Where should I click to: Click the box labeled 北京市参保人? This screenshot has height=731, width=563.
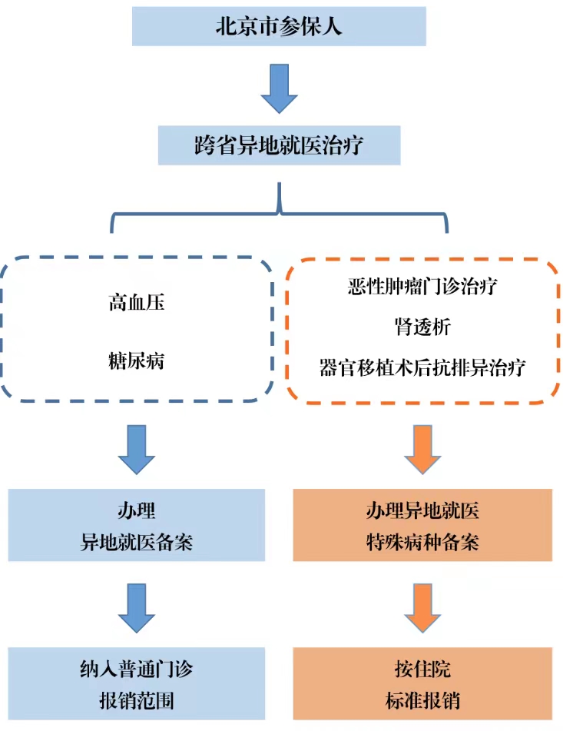(279, 26)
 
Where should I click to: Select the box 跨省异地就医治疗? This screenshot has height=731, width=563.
(279, 145)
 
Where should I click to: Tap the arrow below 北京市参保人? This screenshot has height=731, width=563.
(279, 88)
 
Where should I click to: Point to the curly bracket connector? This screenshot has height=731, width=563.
(279, 214)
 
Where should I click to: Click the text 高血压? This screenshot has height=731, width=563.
(137, 302)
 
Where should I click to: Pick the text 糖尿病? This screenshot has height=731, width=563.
(137, 361)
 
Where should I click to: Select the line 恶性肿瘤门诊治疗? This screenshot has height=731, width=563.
(422, 286)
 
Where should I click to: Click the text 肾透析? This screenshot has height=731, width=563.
(422, 327)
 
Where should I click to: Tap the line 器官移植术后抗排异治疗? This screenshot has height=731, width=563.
(422, 367)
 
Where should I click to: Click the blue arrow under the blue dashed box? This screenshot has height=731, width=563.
(137, 450)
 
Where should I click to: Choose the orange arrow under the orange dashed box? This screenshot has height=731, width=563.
(422, 450)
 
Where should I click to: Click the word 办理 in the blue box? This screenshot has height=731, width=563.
(137, 510)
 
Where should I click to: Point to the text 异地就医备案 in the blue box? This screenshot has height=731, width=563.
(137, 542)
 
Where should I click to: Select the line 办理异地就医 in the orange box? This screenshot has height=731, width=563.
(422, 510)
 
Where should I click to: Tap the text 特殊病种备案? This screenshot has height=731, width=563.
(422, 542)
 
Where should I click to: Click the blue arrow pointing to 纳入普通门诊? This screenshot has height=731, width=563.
(137, 608)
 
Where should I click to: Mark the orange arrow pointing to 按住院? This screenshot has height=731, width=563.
(422, 608)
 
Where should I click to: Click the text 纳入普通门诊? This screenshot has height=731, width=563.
(137, 669)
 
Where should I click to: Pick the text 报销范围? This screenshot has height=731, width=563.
(137, 700)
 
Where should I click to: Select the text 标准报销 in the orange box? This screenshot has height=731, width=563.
(422, 700)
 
